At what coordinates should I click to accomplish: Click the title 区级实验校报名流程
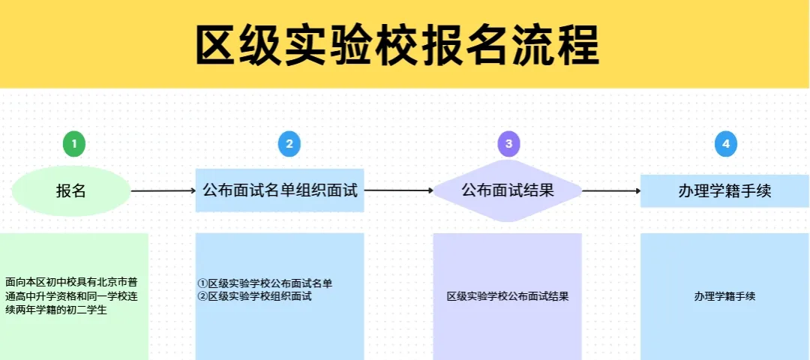pos(397,45)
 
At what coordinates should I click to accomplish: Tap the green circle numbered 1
pos(74,145)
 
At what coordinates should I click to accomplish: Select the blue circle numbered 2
pos(289,145)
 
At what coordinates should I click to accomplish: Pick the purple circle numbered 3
pos(508,145)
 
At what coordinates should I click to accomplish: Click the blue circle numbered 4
pos(726,145)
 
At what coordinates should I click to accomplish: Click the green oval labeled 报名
pos(70,191)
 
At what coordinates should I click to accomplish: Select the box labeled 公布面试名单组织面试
pos(280,190)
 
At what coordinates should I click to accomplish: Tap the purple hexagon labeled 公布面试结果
pos(507,190)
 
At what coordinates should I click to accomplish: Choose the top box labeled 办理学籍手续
pos(724,191)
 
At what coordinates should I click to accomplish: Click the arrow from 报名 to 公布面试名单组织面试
pos(163,191)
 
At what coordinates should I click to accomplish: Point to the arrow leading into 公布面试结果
pos(398,190)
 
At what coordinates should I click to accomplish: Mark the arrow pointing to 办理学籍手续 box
pos(612,190)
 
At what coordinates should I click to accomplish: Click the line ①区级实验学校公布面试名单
pos(265,283)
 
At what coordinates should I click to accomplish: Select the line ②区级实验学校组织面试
pos(255,296)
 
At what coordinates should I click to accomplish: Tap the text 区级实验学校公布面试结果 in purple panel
pos(508,297)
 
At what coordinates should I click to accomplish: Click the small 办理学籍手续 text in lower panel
pos(725,297)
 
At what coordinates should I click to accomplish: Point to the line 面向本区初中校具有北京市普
pos(72,283)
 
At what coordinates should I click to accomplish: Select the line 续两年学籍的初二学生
pos(56,310)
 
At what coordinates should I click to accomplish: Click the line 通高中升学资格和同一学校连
pos(72,296)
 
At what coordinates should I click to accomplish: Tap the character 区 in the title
pos(217,45)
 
